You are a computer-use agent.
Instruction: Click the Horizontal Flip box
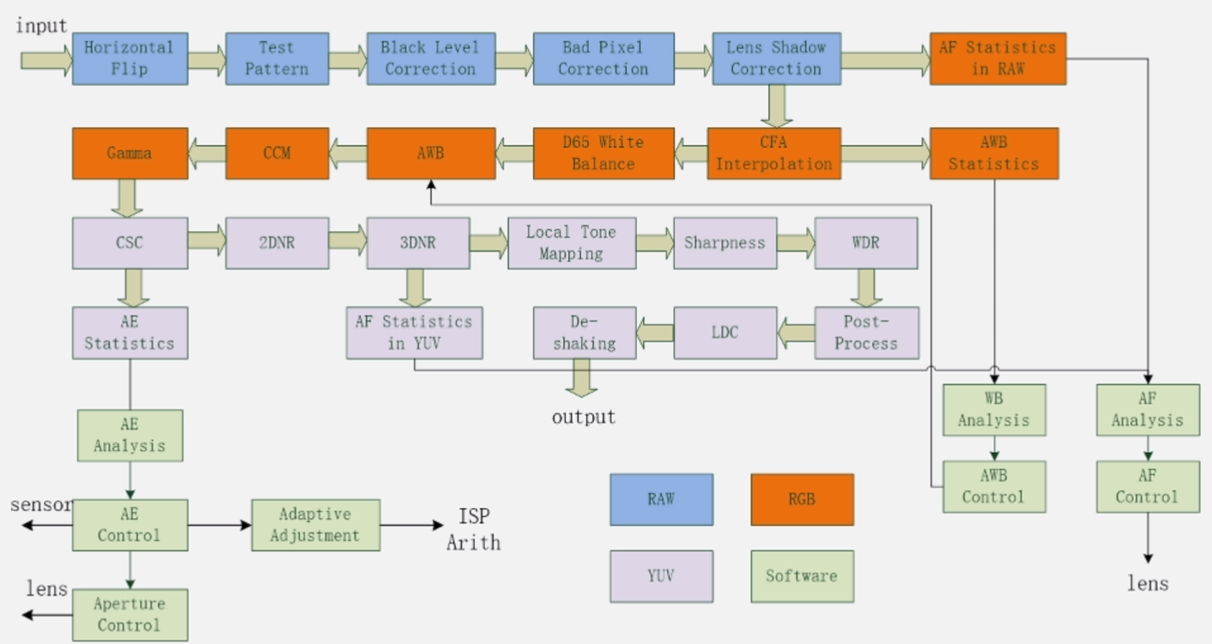129,58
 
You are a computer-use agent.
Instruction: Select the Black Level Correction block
430,58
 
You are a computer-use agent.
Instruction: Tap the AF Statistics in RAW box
998,58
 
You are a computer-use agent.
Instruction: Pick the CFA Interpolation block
773,153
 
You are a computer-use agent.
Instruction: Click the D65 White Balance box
603,153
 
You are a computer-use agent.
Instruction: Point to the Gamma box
129,153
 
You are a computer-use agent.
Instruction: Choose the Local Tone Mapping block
571,243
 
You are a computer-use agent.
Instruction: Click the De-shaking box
584,333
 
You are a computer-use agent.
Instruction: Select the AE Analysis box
129,435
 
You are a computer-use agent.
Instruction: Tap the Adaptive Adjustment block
315,525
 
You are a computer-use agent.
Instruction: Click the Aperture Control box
129,614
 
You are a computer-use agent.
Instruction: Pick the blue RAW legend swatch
661,499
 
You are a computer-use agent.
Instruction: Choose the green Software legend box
801,576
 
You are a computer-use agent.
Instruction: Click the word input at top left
41,26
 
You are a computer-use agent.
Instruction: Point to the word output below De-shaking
584,417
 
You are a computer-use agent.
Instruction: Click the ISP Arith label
474,529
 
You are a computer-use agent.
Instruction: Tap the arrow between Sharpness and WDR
795,243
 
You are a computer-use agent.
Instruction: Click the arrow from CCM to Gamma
207,153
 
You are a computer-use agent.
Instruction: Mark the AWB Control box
994,486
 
